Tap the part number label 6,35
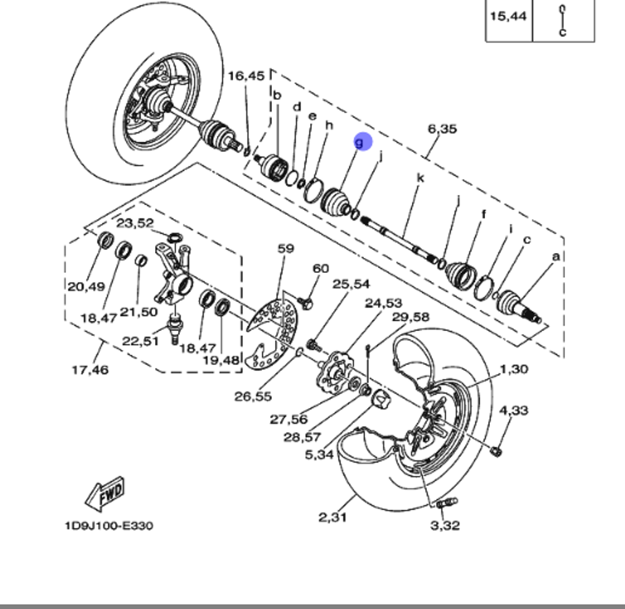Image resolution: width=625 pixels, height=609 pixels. coord(442,129)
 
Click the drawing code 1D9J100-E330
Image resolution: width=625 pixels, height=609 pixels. coord(108,525)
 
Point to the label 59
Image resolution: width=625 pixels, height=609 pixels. coord(286,249)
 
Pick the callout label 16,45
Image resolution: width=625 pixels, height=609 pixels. coord(246,76)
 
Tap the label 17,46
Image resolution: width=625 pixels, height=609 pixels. coord(90,370)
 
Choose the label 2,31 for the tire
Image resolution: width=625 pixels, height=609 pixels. coord(333,517)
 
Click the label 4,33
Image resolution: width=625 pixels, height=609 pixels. coord(513,410)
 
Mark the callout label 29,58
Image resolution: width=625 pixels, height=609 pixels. coord(411,317)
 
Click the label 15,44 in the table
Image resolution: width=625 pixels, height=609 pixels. coord(508,16)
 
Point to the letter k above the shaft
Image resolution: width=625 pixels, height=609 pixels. coord(421,178)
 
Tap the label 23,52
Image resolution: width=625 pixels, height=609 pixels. coord(135,223)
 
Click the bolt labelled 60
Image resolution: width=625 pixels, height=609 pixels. coord(306,304)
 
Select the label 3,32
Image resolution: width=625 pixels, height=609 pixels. coord(444,525)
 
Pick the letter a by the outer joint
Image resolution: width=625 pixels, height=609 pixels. coord(556,256)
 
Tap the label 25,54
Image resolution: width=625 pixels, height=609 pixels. coord(351,284)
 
